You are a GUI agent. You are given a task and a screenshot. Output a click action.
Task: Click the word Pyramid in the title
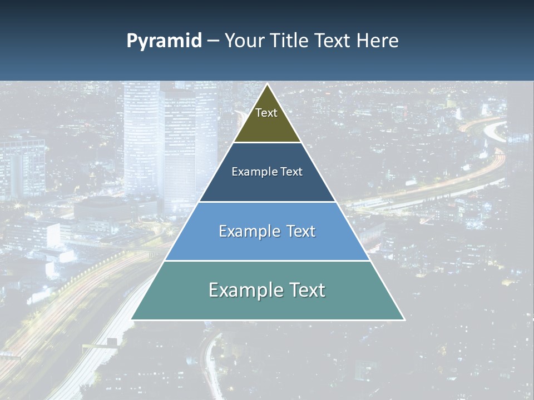(164, 41)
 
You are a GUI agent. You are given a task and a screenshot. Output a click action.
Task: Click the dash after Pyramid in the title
(212, 41)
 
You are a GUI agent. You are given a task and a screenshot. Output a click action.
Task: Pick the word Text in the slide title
(333, 41)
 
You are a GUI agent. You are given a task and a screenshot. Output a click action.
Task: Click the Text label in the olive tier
(266, 113)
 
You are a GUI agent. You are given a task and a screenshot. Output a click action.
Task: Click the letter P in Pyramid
(131, 41)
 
